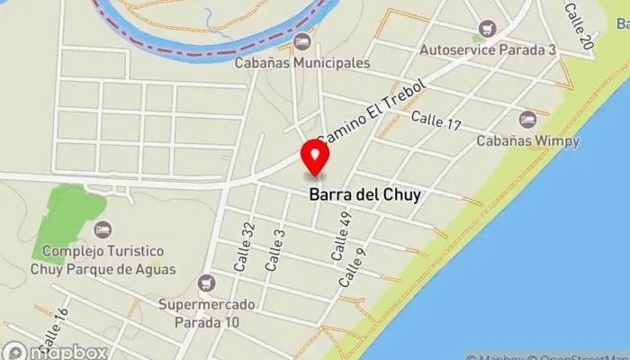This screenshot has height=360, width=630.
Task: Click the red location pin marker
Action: pyautogui.click(x=315, y=156)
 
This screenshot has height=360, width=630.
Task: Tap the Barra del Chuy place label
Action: pyautogui.click(x=364, y=193)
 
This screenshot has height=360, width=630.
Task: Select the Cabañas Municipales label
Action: pyautogui.click(x=302, y=63)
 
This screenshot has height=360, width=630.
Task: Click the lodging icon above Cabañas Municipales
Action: pyautogui.click(x=302, y=41)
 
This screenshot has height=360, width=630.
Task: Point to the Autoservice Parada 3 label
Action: pyautogui.click(x=488, y=49)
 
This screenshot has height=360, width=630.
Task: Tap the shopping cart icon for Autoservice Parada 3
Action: pyautogui.click(x=488, y=29)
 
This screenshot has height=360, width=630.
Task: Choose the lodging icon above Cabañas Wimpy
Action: pyautogui.click(x=527, y=118)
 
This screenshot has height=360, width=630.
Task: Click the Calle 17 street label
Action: pyautogui.click(x=436, y=118)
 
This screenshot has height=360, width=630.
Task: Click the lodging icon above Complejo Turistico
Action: pyautogui.click(x=102, y=230)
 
